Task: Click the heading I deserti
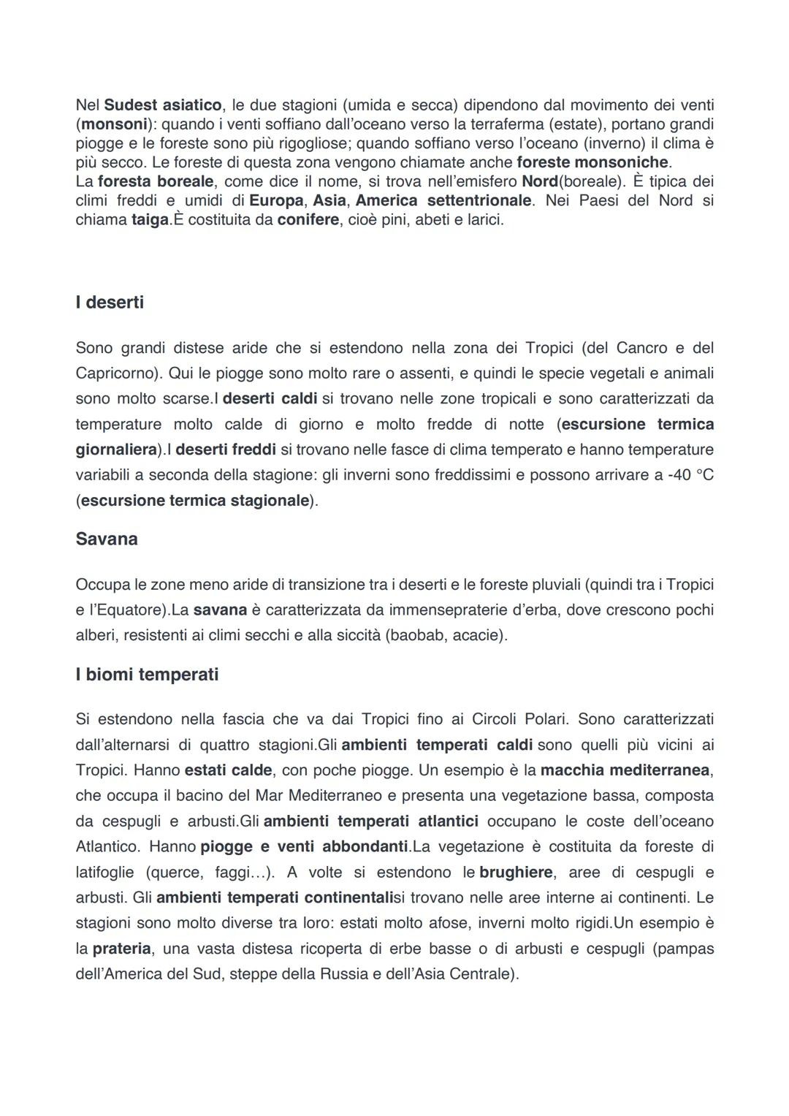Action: coord(110,302)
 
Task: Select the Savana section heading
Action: coord(107,539)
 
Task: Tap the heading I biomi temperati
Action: coord(147,674)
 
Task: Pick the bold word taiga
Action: coord(150,219)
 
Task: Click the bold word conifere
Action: coord(308,219)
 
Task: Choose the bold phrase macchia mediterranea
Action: coord(625,770)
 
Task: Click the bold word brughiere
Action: coord(515,872)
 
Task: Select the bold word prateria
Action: coord(121,949)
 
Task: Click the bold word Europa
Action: coord(276,200)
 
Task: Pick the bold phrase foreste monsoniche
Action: coord(592,162)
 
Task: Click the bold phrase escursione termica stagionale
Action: coord(195,501)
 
